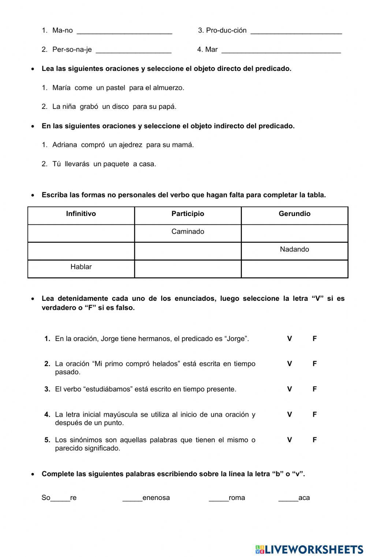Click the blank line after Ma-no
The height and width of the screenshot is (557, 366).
[x=124, y=31]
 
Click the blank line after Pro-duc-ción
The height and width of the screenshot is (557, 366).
[x=296, y=31]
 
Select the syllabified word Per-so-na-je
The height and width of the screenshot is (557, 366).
[x=72, y=50]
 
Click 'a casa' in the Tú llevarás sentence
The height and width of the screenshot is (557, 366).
[x=145, y=164]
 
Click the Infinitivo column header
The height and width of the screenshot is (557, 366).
[x=81, y=214]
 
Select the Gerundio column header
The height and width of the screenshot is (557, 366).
[x=294, y=214]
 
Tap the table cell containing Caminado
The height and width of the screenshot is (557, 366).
[x=188, y=232]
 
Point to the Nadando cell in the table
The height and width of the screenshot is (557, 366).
[x=294, y=250]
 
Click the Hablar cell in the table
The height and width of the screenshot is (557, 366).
[x=81, y=267]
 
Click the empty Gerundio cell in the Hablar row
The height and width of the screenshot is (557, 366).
[x=294, y=269]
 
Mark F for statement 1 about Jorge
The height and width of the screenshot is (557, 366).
[x=314, y=339]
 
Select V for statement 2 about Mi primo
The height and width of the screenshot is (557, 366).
[x=290, y=364]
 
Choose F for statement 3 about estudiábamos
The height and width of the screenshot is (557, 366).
[x=314, y=389]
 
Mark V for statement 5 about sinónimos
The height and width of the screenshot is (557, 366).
[x=290, y=440]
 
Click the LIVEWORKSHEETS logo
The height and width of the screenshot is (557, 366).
[x=309, y=549]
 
